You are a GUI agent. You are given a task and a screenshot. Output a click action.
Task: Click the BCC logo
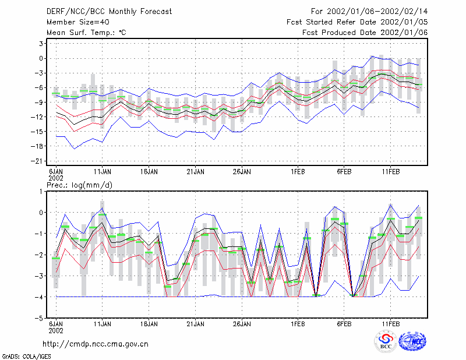pyautogui.click(x=386, y=341)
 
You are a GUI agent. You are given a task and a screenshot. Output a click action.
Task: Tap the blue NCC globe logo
pyautogui.click(x=412, y=341)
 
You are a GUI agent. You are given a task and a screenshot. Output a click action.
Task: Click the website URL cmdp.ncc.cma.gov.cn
pyautogui.click(x=96, y=344)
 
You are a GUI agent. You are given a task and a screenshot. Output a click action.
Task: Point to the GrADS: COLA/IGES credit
pyautogui.click(x=26, y=357)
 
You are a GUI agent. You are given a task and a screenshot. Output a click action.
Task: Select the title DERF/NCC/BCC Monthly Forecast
pyautogui.click(x=109, y=12)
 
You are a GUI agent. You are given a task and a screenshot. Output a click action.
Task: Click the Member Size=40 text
pyautogui.click(x=78, y=22)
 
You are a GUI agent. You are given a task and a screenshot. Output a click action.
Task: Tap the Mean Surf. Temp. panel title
pyautogui.click(x=86, y=33)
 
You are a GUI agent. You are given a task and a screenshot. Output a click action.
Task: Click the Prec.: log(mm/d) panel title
pyautogui.click(x=79, y=185)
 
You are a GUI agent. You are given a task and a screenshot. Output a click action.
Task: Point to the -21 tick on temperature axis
pyautogui.click(x=37, y=161)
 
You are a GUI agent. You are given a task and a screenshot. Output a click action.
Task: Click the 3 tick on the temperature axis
pyautogui.click(x=41, y=44)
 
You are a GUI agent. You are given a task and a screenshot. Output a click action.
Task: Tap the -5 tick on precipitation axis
pyautogui.click(x=38, y=319)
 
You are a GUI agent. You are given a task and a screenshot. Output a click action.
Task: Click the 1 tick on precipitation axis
pyautogui.click(x=41, y=192)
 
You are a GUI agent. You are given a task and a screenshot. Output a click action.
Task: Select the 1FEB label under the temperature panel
pyautogui.click(x=298, y=172)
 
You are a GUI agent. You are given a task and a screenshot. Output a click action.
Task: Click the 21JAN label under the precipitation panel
pyautogui.click(x=195, y=324)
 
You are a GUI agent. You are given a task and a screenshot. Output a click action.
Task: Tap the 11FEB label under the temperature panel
pyautogui.click(x=390, y=172)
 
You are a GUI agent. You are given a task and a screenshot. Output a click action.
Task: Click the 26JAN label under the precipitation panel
pyautogui.click(x=242, y=324)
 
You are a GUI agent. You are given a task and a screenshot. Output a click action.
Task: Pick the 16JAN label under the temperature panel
pyautogui.click(x=149, y=172)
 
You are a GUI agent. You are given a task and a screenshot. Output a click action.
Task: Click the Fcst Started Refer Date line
pyautogui.click(x=357, y=22)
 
